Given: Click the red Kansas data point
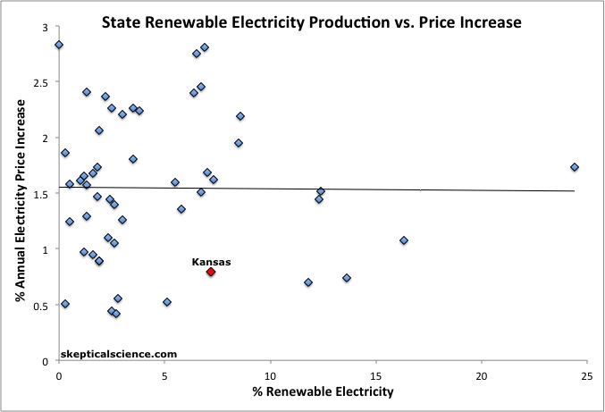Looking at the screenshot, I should [211, 272].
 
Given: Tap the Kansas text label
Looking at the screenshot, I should [212, 261].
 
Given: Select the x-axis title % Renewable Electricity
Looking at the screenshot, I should [323, 391].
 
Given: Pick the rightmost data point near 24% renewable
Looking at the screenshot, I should [575, 167].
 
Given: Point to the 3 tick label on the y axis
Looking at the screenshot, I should [46, 28].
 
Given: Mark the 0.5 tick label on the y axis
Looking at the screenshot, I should [41, 306].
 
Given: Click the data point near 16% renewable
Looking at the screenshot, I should [404, 240].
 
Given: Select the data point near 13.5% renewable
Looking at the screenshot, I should [347, 278].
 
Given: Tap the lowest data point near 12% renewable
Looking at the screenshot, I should [308, 282].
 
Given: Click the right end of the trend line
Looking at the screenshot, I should [574, 190].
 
